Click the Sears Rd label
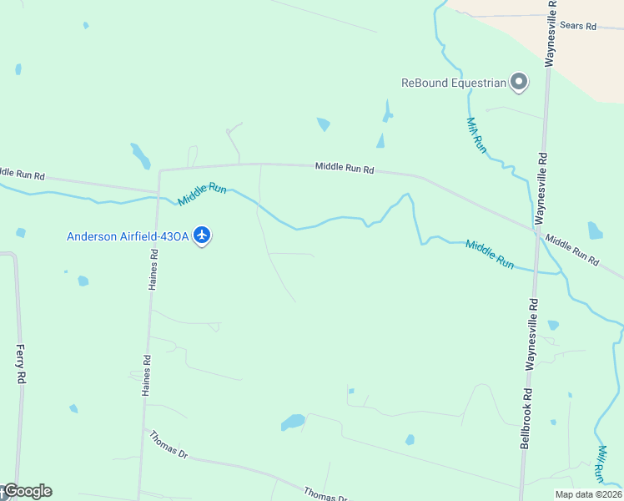pyautogui.click(x=578, y=27)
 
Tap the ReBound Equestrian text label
pyautogui.click(x=454, y=82)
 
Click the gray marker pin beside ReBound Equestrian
pyautogui.click(x=519, y=82)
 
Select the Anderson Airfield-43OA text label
pyautogui.click(x=128, y=236)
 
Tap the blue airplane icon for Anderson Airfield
pyautogui.click(x=202, y=235)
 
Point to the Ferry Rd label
pyautogui.click(x=22, y=364)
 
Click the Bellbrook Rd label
pyautogui.click(x=526, y=418)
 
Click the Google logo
pyautogui.click(x=27, y=491)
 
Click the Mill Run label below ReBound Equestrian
pyautogui.click(x=476, y=133)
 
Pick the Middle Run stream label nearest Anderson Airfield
pyautogui.click(x=203, y=194)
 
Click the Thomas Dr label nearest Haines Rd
pyautogui.click(x=169, y=443)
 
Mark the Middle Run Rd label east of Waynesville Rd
pyautogui.click(x=572, y=250)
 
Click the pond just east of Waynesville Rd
pyautogui.click(x=595, y=230)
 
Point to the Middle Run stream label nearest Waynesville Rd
pyautogui.click(x=490, y=254)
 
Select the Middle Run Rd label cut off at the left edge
pyautogui.click(x=22, y=175)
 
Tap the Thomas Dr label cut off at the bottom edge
pyautogui.click(x=325, y=495)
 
